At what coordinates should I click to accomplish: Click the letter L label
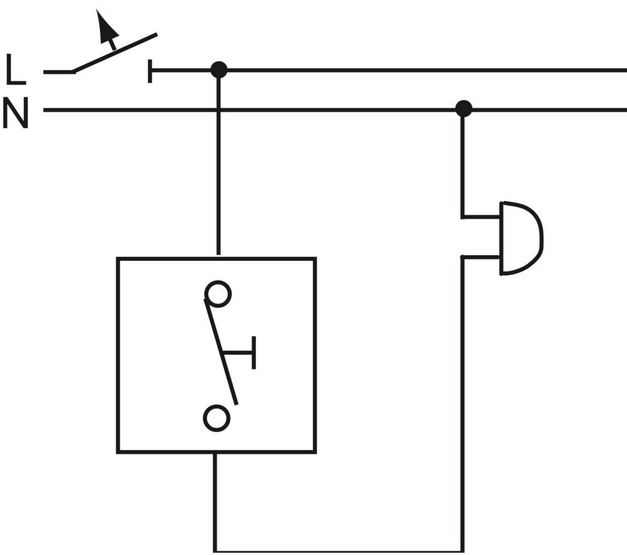coord(16,70)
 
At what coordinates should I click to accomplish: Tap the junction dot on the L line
coord(218,70)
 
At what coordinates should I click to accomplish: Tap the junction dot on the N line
coord(463,109)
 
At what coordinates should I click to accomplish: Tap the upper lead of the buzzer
coord(481,217)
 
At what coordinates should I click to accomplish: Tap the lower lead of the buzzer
coord(481,257)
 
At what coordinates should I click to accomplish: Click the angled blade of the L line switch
coord(116,53)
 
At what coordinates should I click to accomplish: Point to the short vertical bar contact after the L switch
coord(150,71)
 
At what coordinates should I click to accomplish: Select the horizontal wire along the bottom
coord(339,551)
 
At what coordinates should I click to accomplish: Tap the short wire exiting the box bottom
coord(215,495)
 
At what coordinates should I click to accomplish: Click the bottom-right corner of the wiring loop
coord(463,551)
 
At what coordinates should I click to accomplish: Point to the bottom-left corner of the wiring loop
coord(215,551)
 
